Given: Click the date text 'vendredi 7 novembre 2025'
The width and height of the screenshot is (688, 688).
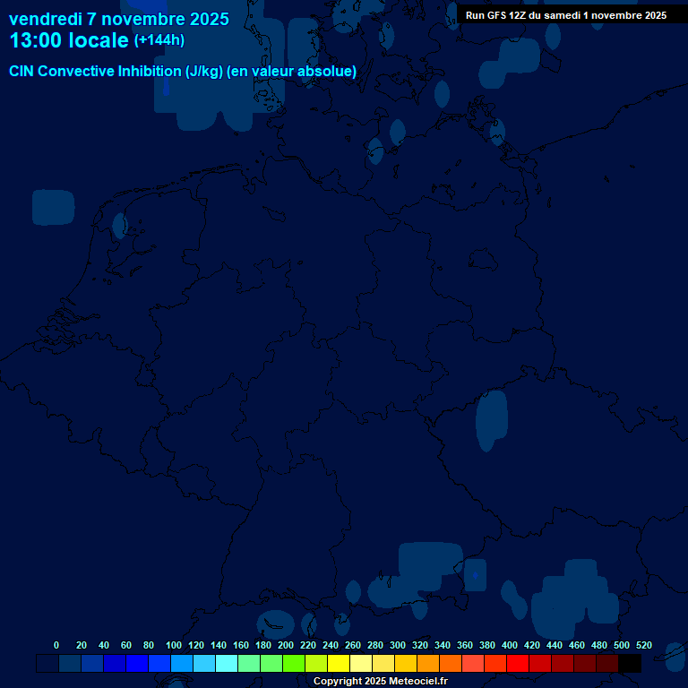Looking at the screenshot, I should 119,19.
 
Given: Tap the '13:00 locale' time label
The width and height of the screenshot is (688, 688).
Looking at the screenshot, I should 69,41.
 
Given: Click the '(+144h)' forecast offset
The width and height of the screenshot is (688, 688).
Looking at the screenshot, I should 159,40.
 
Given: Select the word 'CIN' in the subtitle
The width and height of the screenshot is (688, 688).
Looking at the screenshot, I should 22,72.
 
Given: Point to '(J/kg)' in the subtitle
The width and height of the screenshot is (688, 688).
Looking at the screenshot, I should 206,72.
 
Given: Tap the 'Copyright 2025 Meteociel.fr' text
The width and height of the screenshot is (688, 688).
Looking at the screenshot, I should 380,682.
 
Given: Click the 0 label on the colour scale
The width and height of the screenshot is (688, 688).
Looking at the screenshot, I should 56,646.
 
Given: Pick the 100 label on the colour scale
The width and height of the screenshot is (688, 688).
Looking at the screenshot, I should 174,646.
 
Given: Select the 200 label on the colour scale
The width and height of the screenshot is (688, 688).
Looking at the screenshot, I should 286,646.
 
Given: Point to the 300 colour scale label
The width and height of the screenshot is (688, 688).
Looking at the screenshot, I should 398,646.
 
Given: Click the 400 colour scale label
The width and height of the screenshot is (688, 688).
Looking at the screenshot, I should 510,646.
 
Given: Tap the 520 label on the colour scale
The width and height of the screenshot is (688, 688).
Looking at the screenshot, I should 644,646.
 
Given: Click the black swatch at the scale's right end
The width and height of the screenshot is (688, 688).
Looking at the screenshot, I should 630,664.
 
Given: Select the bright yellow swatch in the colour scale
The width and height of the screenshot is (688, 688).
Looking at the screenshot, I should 339,664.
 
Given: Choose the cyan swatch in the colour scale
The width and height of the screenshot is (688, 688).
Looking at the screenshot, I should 227,664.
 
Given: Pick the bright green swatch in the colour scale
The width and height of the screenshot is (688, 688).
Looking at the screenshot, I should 294,664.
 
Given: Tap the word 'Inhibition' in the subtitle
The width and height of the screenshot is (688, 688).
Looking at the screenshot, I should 148,72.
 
